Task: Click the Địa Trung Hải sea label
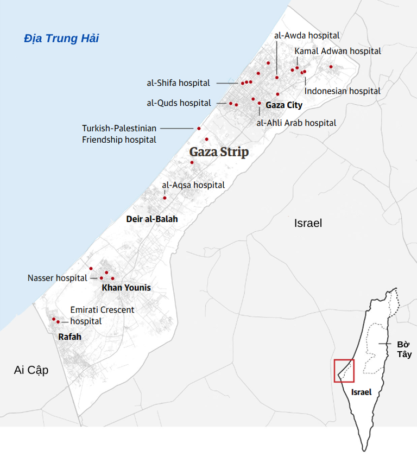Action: (x=61, y=39)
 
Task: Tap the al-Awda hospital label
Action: (x=307, y=35)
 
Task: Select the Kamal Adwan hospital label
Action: (x=338, y=51)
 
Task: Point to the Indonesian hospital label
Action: (x=343, y=91)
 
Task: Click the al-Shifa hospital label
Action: (x=178, y=83)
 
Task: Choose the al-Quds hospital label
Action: (x=179, y=103)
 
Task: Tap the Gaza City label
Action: (x=284, y=105)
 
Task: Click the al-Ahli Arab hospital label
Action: (x=296, y=123)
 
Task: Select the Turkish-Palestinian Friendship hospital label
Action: (x=119, y=134)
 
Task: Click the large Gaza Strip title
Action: (x=219, y=152)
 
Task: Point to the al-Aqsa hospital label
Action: (x=193, y=185)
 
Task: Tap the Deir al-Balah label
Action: (x=151, y=219)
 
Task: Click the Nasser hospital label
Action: (x=57, y=278)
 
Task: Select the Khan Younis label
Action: (x=126, y=288)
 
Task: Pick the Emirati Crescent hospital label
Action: (x=102, y=315)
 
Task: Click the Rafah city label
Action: (x=69, y=337)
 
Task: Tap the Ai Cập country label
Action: (x=31, y=370)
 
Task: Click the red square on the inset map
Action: (x=344, y=371)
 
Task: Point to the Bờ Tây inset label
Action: (x=403, y=350)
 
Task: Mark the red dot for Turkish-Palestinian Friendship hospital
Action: (x=199, y=129)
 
